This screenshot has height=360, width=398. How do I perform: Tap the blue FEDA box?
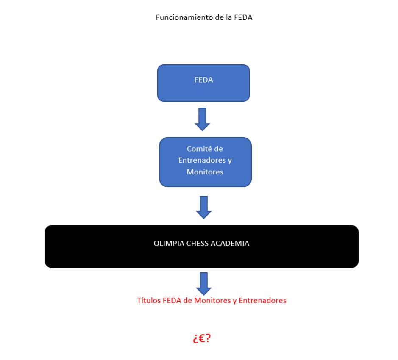pos(203,83)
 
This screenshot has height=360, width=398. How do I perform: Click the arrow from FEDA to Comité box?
pos(203,119)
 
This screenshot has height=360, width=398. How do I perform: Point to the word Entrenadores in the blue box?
pos(201,161)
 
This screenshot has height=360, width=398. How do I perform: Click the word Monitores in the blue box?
pos(205,172)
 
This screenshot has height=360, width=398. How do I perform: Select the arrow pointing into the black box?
pos(204,207)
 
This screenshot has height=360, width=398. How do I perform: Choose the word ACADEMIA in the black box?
pos(232,244)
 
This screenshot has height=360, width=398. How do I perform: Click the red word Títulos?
pos(149,301)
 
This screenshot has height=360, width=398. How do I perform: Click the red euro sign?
pos(202,338)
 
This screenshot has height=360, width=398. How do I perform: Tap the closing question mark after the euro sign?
pos(209,338)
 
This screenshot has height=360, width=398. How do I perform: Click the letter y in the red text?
pos(235,302)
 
